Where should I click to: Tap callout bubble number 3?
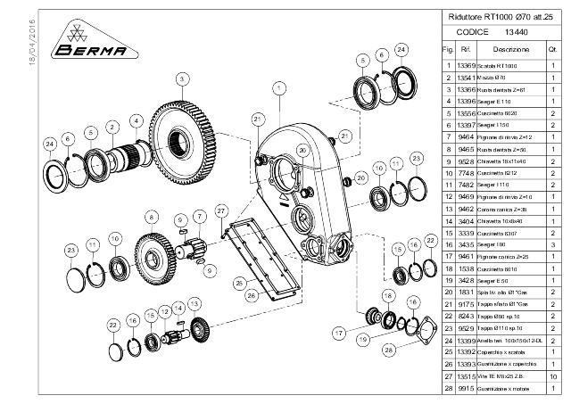tap(181, 79)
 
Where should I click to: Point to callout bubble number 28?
tap(388, 350)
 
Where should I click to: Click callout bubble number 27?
tap(220, 210)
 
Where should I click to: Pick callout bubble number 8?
tap(152, 217)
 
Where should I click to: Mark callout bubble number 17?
tap(338, 332)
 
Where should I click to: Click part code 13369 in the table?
tap(464, 66)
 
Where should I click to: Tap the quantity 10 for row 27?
tap(554, 376)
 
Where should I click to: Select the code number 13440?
tap(529, 31)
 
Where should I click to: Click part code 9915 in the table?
tap(465, 389)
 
